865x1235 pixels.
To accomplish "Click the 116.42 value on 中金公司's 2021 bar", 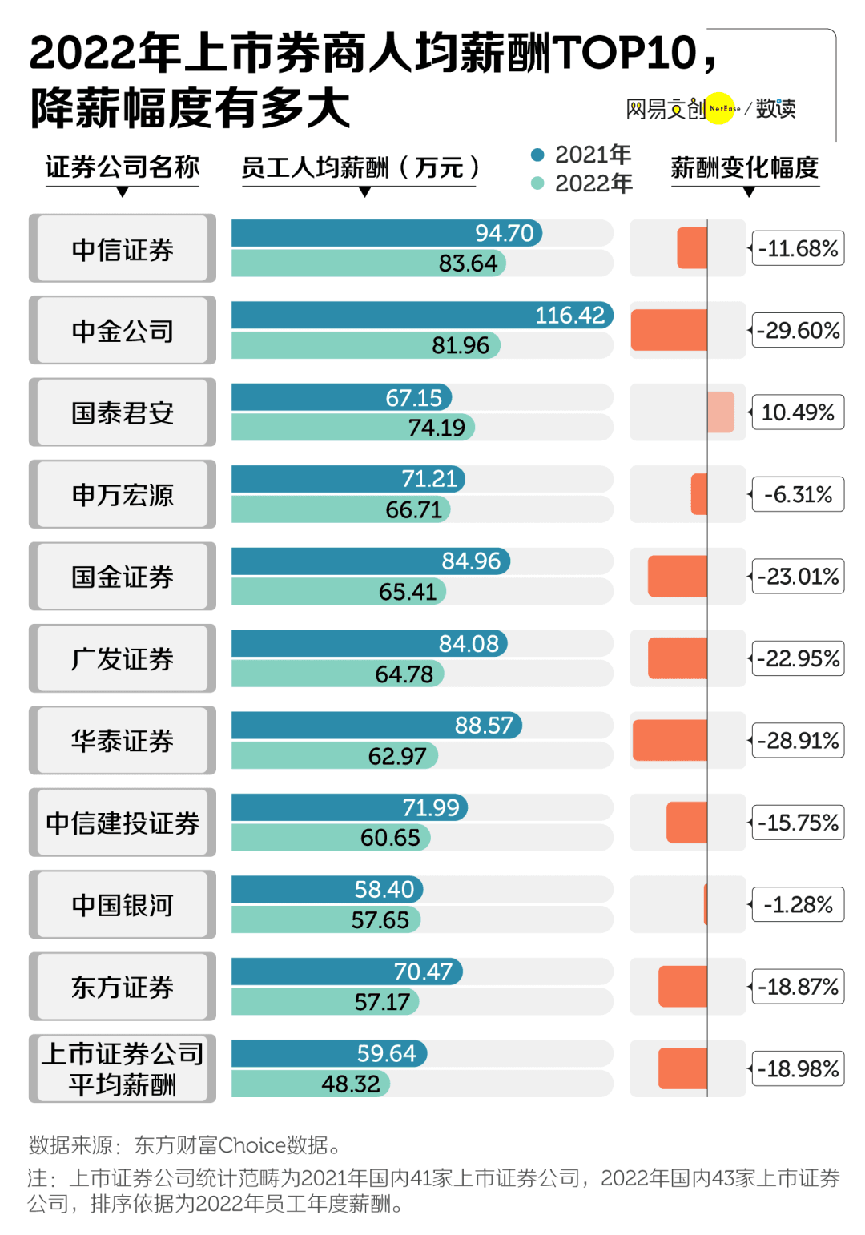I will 569,316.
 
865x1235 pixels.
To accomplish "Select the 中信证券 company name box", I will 123,249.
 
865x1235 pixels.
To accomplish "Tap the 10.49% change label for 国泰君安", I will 798,412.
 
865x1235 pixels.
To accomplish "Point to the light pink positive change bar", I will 721,412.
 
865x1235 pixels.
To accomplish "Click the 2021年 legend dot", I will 537,155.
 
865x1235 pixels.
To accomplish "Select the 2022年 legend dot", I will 537,183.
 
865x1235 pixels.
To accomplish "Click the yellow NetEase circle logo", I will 721,108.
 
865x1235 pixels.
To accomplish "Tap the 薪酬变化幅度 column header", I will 745,167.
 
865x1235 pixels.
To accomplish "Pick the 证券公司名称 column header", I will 122,167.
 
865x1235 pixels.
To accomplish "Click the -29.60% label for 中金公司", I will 799,331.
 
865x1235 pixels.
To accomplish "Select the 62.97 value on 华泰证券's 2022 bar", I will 397,756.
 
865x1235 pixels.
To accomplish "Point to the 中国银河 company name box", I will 123,905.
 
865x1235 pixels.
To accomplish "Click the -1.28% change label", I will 798,905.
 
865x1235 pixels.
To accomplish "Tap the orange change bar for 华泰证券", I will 670,741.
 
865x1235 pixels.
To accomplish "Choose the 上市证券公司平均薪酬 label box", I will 123,1068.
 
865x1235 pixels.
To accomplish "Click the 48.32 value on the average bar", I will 351,1084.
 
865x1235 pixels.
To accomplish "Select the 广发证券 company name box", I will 123,659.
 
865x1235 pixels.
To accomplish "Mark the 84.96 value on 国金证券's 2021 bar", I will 471,561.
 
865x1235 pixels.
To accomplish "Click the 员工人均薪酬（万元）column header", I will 360,167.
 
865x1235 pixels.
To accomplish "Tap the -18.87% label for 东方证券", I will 799,987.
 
